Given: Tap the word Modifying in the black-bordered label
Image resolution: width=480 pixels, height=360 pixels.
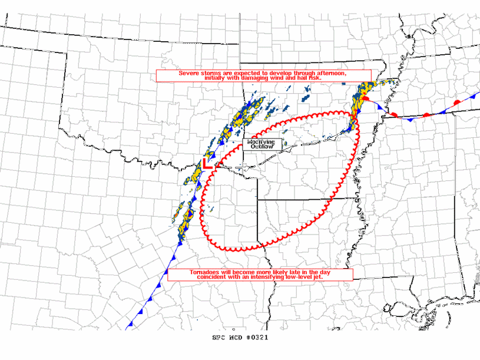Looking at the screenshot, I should (261, 142).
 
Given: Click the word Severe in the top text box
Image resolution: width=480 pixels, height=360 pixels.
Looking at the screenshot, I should (188, 73).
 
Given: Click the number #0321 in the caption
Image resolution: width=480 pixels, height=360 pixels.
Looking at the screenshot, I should (257, 338).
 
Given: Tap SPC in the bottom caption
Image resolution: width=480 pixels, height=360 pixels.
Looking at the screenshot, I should (219, 338).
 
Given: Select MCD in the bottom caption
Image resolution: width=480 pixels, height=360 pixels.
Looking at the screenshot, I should (237, 338).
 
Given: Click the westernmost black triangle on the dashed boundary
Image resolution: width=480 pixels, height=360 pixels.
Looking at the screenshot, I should (246, 169).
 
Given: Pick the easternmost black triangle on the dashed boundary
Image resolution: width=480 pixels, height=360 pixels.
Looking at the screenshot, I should (333, 138).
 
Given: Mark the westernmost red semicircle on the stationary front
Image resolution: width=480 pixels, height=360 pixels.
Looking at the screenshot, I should (366, 100).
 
